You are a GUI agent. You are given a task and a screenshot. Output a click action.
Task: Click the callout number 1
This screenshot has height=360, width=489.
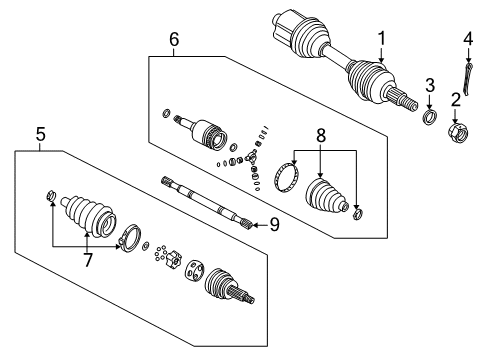tap(381, 38)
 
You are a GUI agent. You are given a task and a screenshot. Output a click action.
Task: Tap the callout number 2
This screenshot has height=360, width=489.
tap(455, 100)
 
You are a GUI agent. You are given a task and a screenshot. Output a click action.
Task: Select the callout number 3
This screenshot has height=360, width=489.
tap(430, 85)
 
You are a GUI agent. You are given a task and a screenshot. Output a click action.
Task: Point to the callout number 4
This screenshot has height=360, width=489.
tap(468, 39)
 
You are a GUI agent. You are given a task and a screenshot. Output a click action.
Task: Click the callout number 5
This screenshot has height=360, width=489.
tap(40, 134)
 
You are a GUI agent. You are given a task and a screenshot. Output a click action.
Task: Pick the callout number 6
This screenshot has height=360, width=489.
tap(174, 39)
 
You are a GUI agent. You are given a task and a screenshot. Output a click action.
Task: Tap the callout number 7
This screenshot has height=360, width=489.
tap(87, 260)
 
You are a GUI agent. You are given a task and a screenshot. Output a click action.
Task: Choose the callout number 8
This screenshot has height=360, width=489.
tap(321, 136)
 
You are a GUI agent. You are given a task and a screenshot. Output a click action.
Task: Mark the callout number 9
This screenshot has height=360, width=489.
tap(274, 225)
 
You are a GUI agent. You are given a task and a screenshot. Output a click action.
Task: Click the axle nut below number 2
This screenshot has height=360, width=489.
tap(458, 132)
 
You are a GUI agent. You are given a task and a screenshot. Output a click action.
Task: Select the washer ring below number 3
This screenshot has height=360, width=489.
tap(430, 116)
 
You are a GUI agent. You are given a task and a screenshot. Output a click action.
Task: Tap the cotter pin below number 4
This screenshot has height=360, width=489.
tap(468, 78)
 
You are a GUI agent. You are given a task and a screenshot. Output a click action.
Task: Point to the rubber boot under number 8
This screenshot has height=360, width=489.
tap(326, 196)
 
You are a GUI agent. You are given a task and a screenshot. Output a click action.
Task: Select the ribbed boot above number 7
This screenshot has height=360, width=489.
tap(89, 215)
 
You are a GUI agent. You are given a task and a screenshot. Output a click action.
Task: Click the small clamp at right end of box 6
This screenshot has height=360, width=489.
tap(357, 214)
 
